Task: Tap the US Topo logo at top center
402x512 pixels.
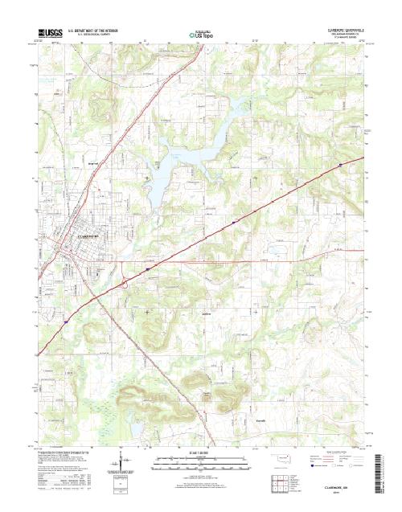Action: coord(200,35)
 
